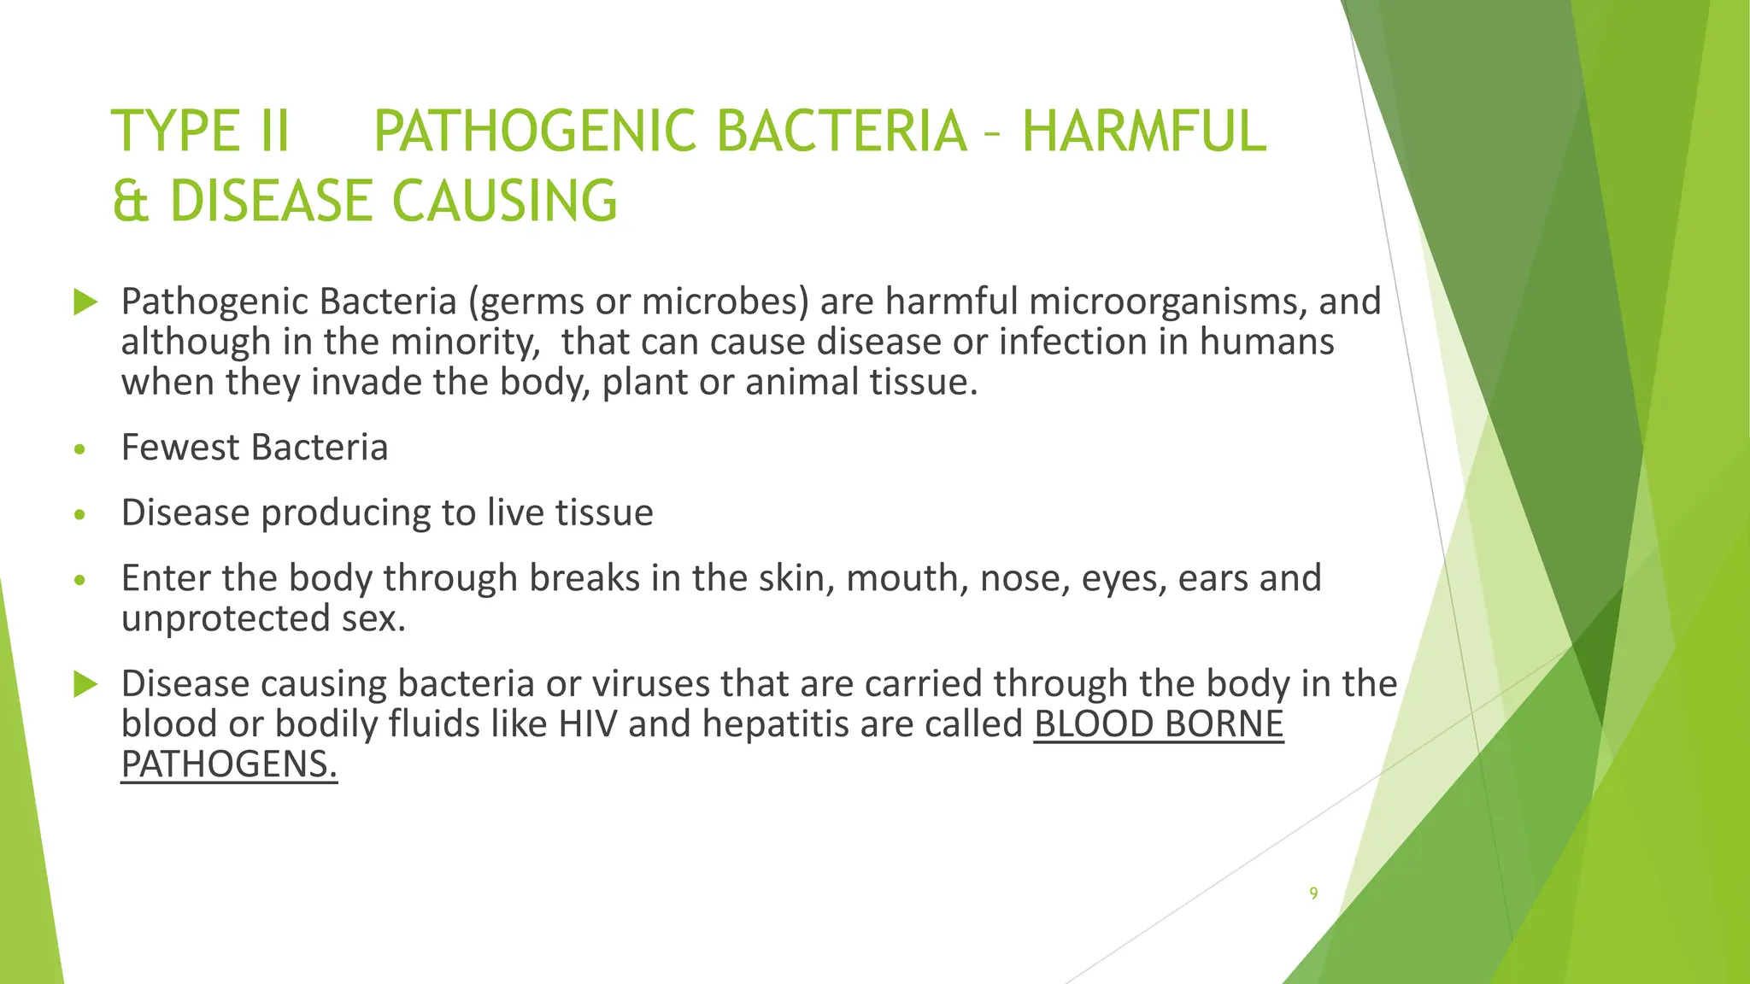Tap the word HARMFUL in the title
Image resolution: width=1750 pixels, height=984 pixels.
click(1143, 132)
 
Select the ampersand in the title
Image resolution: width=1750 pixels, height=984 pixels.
click(131, 202)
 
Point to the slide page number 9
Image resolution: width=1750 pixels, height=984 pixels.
click(1313, 893)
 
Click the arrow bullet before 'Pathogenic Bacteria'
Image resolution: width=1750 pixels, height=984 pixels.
click(85, 302)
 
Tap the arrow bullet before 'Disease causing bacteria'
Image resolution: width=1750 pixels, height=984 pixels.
click(85, 684)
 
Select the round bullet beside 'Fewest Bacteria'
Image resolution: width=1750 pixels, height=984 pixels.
click(80, 450)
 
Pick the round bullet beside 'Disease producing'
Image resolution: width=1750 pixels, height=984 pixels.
click(80, 515)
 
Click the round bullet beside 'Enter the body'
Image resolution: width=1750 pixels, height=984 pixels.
click(80, 581)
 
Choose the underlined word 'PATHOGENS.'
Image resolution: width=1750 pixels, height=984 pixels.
click(229, 764)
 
